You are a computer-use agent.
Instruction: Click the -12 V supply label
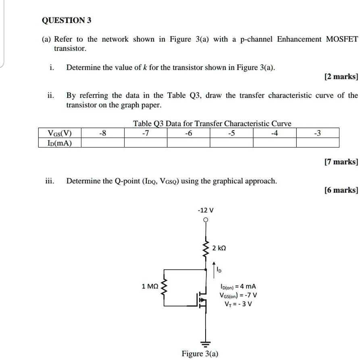pos(206,210)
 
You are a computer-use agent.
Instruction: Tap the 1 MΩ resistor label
pos(150,287)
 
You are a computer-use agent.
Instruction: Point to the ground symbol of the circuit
pos(206,344)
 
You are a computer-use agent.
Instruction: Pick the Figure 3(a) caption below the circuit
pos(200,354)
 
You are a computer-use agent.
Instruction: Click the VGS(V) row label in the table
pos(59,133)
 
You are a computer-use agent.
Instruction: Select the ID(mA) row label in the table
pos(59,143)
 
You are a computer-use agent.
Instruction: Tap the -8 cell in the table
pos(103,133)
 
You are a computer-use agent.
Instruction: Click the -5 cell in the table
pos(231,133)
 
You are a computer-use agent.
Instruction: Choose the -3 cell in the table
pos(318,133)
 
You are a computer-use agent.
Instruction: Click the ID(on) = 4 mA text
pos(238,286)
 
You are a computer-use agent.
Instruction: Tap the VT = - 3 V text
pos(238,304)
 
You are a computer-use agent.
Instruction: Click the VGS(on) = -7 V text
pos(238,295)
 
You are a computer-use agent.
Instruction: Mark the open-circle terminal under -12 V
pos(206,220)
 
